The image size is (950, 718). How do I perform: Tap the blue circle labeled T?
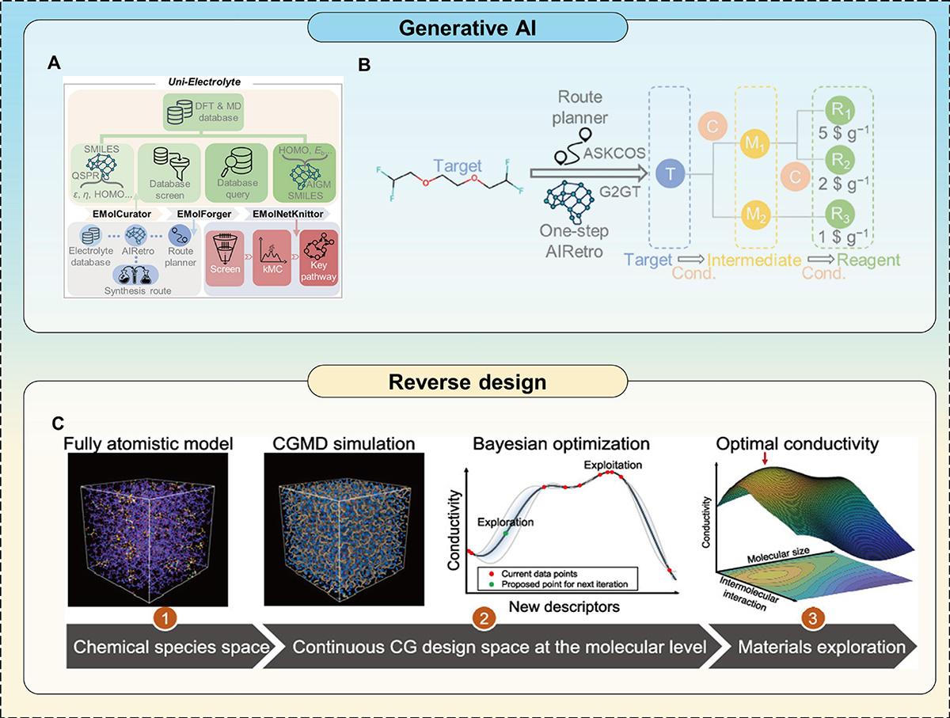(670, 175)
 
